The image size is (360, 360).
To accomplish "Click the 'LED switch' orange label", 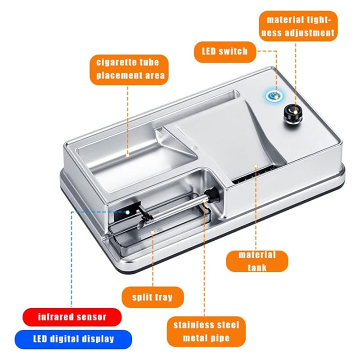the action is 225,52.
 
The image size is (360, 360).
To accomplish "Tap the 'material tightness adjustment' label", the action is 298,26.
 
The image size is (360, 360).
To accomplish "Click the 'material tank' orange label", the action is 257,261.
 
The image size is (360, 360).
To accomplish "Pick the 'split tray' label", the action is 153,297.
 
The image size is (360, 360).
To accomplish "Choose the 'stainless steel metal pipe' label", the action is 206,332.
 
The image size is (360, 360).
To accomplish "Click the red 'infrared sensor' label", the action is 72,317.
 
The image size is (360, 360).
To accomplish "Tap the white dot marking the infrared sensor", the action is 128,211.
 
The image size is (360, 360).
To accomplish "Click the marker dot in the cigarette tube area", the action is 128,155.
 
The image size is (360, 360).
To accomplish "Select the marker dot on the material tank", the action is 256,165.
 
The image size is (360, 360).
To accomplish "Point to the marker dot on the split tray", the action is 153,232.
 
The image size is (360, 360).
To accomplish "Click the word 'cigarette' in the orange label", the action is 113,63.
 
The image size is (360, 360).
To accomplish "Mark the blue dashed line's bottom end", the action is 72,306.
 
